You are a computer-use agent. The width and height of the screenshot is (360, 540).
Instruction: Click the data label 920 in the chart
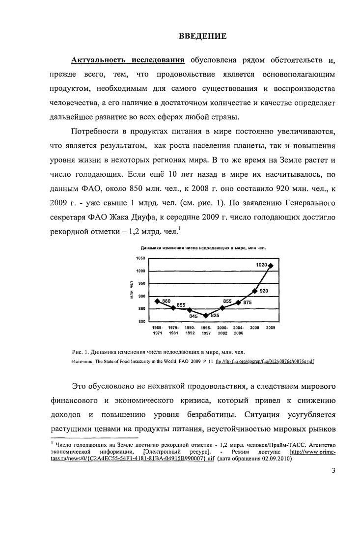point(263,291)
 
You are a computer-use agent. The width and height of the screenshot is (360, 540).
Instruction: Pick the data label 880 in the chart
point(166,300)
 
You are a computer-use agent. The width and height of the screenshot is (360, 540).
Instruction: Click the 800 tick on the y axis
point(141,321)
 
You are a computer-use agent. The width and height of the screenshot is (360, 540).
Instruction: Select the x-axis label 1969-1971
point(157,330)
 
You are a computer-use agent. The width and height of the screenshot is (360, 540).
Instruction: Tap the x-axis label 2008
point(254,327)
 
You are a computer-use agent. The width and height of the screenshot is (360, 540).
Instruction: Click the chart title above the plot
point(203,248)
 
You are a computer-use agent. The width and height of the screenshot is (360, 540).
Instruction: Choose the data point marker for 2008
point(254,291)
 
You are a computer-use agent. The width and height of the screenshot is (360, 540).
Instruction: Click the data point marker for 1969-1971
point(157,301)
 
